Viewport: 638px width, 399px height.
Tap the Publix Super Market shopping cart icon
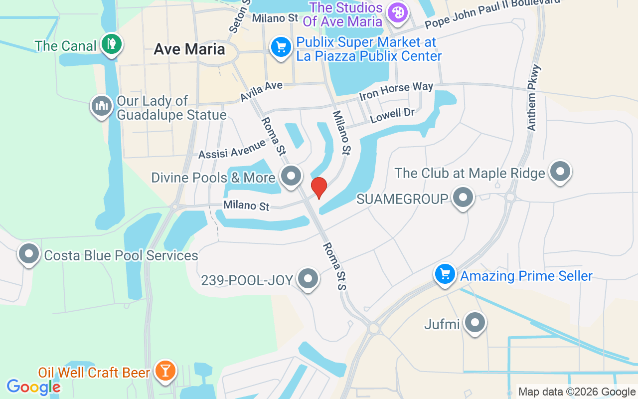click(281, 47)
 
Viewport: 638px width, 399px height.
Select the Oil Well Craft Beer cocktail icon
click(164, 371)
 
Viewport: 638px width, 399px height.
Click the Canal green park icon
click(111, 44)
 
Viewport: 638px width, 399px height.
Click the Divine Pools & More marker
click(291, 176)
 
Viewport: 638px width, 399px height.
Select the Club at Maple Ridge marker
click(560, 172)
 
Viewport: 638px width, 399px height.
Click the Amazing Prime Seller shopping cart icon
click(445, 274)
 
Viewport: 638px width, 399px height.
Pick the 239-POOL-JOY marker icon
click(308, 279)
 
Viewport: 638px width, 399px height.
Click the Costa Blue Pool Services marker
click(28, 254)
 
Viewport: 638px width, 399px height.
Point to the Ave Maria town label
click(189, 49)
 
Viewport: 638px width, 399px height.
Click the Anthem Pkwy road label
click(534, 98)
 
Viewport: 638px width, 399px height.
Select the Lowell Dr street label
click(392, 116)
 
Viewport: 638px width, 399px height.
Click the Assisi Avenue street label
click(232, 149)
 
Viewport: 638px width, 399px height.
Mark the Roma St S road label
click(334, 266)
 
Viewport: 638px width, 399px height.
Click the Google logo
click(33, 387)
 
